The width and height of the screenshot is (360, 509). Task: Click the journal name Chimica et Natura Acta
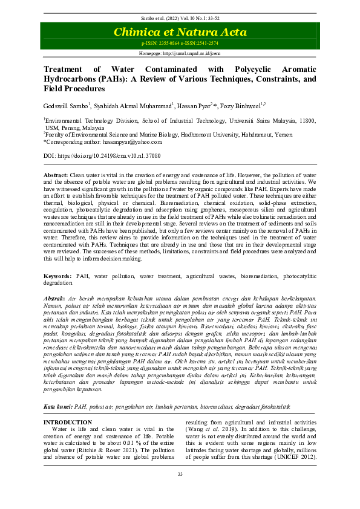(x=180, y=32)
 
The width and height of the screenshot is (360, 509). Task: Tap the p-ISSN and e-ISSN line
(x=180, y=44)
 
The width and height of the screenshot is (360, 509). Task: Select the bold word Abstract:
(x=56, y=174)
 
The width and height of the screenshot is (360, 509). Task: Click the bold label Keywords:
(x=57, y=275)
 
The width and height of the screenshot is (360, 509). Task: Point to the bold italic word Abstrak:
(x=56, y=299)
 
